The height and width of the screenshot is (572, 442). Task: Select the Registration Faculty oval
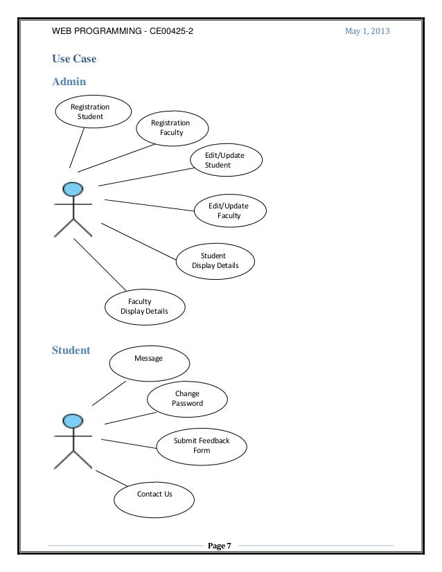point(170,127)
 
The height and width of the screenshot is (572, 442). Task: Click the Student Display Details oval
point(215,260)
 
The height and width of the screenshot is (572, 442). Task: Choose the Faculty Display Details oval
point(144,306)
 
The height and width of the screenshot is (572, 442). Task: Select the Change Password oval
point(187,398)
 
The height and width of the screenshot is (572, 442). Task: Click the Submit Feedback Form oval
point(202,445)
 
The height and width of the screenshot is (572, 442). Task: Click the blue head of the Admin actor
point(73,189)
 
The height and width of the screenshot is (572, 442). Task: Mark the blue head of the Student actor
point(73,421)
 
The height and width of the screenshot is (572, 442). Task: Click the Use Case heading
point(74,59)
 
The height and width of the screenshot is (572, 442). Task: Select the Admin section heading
point(69,82)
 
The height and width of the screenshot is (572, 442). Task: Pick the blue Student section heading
point(71,350)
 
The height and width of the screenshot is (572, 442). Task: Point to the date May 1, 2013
point(367,31)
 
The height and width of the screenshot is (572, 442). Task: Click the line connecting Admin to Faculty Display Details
point(100,265)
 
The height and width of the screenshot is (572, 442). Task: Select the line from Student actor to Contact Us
point(111,478)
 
